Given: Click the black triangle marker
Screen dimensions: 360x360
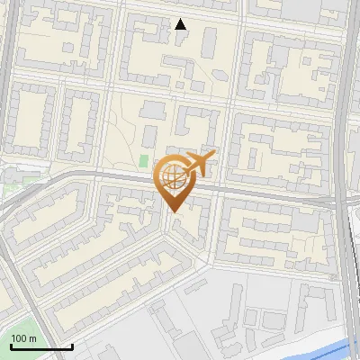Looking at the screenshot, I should point(181,24).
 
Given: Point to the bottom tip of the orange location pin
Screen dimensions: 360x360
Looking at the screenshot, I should point(174,212).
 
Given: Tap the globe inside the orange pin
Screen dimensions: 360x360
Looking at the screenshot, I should point(173,177).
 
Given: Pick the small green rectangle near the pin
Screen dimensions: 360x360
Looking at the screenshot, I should point(143,161).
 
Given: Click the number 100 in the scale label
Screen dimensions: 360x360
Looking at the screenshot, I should point(19,338).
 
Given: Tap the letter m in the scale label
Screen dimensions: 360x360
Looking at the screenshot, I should point(32,338).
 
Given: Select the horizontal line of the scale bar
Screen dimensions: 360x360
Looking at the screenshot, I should point(40,346).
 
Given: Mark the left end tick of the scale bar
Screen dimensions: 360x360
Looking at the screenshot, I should point(10,345).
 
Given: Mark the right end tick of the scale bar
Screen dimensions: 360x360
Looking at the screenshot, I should point(72,345).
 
